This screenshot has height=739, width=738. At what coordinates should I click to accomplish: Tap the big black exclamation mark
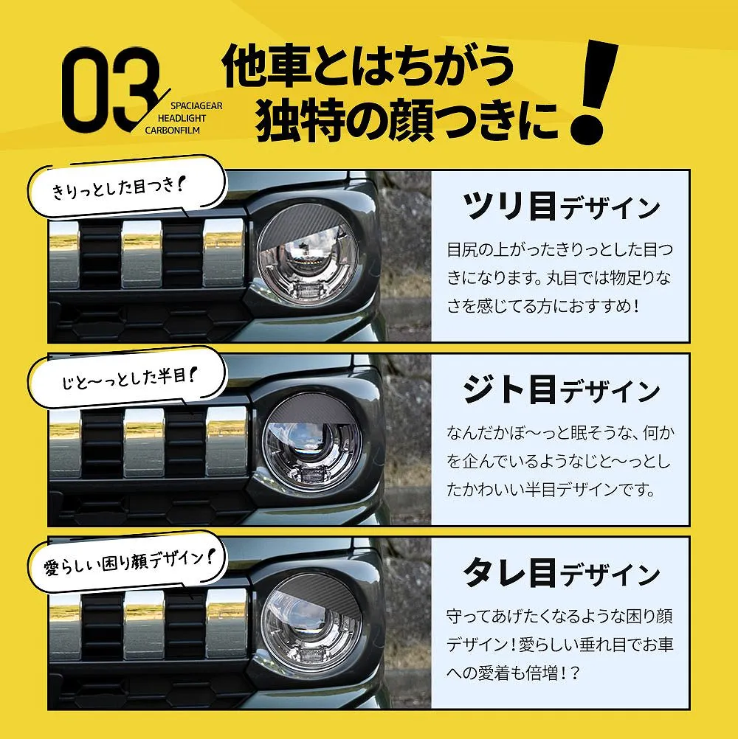(x=593, y=92)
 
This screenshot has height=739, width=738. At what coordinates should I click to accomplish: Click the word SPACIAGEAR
(x=196, y=106)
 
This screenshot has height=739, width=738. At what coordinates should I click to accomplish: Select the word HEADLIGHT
(x=182, y=118)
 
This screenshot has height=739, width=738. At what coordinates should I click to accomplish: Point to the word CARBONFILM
(x=172, y=131)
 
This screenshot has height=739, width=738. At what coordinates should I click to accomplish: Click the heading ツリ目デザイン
(x=561, y=206)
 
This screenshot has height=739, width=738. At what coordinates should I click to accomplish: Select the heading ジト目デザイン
(x=561, y=389)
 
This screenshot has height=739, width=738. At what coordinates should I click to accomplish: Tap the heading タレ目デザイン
(x=561, y=572)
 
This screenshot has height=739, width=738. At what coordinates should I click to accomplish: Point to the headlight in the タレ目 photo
(x=311, y=625)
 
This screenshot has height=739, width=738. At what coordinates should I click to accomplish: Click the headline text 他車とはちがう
(x=367, y=66)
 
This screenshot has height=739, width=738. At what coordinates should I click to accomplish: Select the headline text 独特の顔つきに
(x=407, y=120)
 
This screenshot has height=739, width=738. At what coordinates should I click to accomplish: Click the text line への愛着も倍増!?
(x=513, y=673)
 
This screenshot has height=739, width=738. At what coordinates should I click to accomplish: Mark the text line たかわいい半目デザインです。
(x=551, y=490)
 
